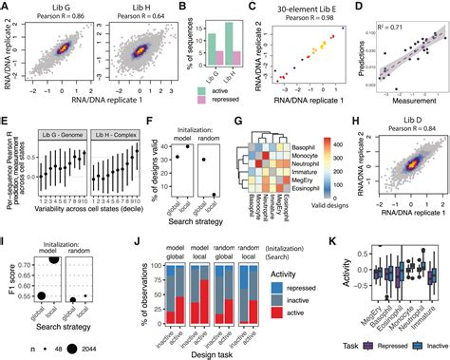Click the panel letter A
[6, 7]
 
